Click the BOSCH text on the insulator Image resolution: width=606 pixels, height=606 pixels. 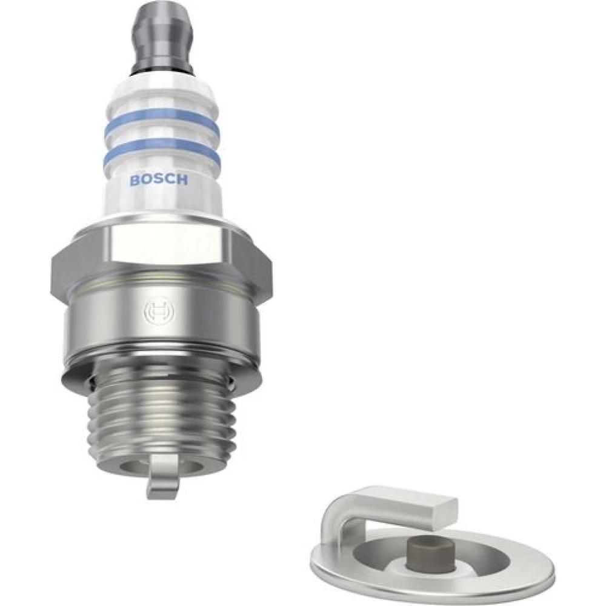point(159,180)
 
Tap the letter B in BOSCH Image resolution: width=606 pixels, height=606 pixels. point(135,181)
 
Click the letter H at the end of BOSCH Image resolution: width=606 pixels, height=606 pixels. point(182,179)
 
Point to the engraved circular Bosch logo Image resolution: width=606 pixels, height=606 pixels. point(159,310)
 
